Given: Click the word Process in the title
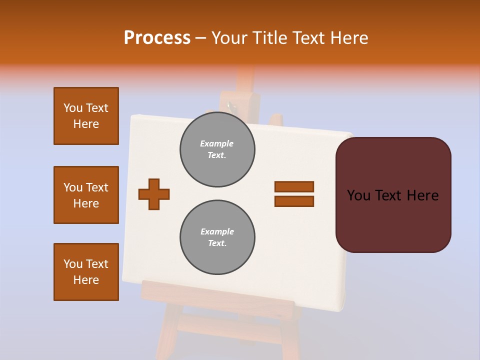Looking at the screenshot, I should (157, 38).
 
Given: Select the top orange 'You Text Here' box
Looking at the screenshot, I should (86, 116).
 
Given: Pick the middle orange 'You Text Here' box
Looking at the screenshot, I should (86, 195).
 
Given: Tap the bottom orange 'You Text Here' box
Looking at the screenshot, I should (86, 272).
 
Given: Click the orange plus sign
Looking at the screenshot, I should (154, 194).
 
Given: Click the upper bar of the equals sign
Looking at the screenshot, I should (294, 186).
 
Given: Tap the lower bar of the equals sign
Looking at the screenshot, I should (294, 201).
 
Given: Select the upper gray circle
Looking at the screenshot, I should (217, 149).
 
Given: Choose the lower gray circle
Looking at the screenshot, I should (217, 237).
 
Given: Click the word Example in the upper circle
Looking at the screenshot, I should (216, 143).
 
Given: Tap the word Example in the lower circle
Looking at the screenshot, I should (217, 231).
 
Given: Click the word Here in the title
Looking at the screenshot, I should (348, 38).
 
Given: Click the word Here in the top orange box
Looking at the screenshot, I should (86, 124).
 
